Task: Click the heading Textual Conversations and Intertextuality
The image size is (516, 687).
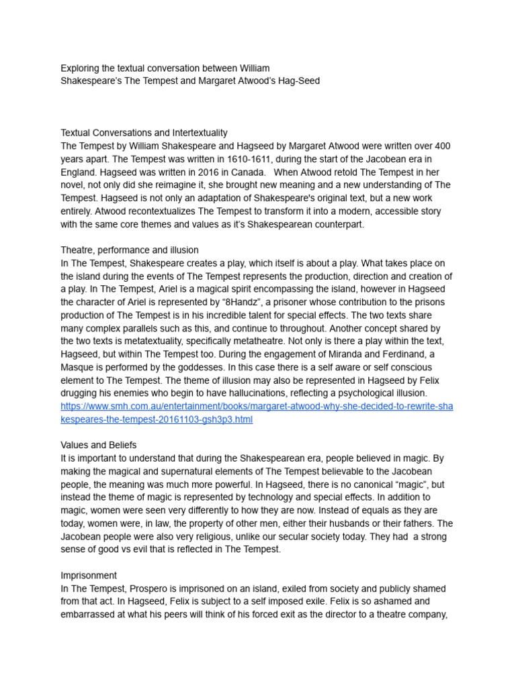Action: [144, 133]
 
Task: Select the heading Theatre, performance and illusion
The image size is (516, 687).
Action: [130, 250]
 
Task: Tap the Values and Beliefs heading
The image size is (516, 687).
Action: [99, 445]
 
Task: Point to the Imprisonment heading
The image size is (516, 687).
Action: [89, 576]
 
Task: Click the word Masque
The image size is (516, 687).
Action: [77, 368]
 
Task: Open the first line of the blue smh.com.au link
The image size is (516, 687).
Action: [257, 407]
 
